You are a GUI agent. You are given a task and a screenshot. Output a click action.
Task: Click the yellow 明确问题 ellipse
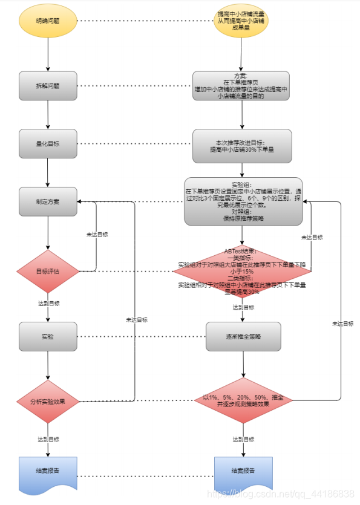(x=48, y=21)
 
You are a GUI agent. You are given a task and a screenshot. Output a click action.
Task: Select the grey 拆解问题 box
(x=48, y=85)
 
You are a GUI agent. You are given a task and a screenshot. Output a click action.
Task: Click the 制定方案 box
(x=48, y=201)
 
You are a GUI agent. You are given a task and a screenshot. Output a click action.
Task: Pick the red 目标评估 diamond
(x=48, y=270)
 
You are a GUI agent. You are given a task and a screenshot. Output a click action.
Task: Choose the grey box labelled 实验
(x=48, y=336)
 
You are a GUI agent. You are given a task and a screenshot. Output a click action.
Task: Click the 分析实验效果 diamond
(x=48, y=401)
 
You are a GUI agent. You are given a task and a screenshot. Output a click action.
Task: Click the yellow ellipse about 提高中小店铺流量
(x=242, y=21)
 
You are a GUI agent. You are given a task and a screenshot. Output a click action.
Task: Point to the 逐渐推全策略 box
(x=243, y=336)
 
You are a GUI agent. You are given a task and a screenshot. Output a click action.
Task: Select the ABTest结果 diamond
(x=242, y=270)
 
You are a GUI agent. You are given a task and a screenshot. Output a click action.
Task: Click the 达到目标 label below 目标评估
(x=48, y=303)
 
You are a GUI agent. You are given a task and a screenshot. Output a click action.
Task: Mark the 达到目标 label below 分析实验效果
(x=48, y=439)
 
